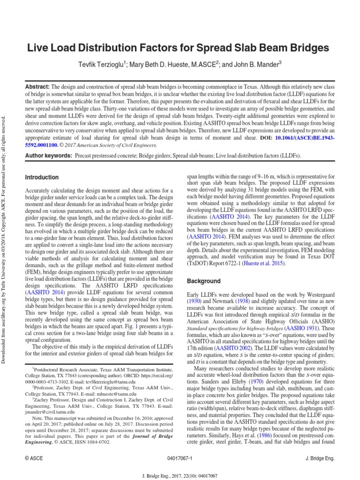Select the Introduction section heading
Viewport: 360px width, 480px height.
pyautogui.click(x=42, y=178)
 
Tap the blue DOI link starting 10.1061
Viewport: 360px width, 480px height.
pyautogui.click(x=307, y=139)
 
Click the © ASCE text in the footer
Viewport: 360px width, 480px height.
pyautogui.click(x=32, y=458)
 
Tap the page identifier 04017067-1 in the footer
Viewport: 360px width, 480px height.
pyautogui.click(x=180, y=458)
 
